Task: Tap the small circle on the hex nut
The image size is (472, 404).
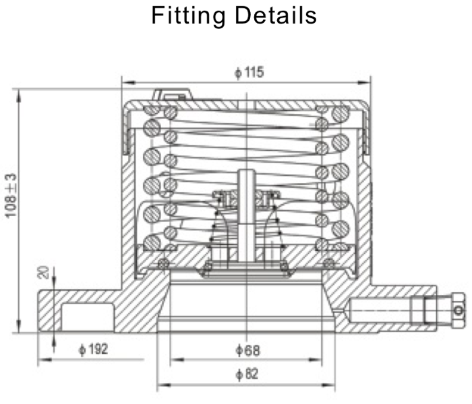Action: [459, 310]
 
